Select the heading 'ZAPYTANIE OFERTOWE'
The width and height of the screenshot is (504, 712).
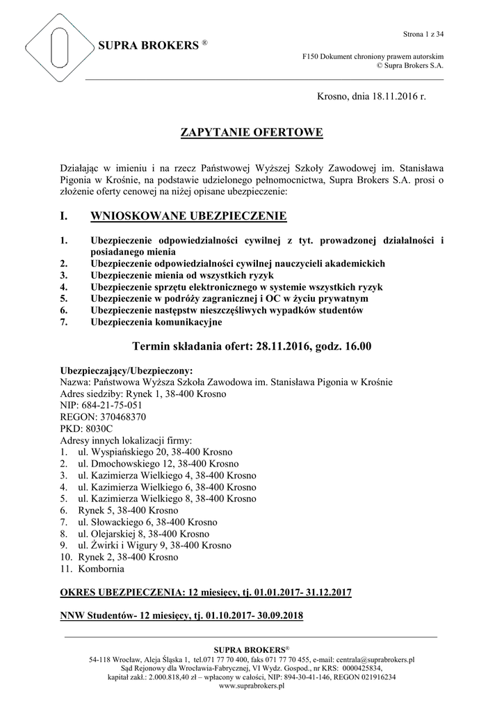252,133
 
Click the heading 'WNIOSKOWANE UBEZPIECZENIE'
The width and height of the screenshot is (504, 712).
188,218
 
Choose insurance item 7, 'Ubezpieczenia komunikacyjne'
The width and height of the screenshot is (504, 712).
156,322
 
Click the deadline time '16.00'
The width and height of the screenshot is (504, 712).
355,346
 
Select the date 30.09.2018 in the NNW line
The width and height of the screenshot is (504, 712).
279,616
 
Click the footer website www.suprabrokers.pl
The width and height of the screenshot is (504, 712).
252,685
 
